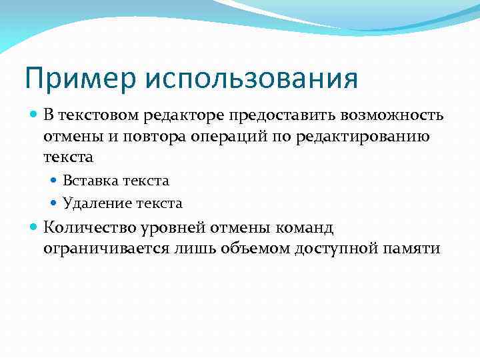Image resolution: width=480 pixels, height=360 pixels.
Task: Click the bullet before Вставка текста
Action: [x=55, y=181]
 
